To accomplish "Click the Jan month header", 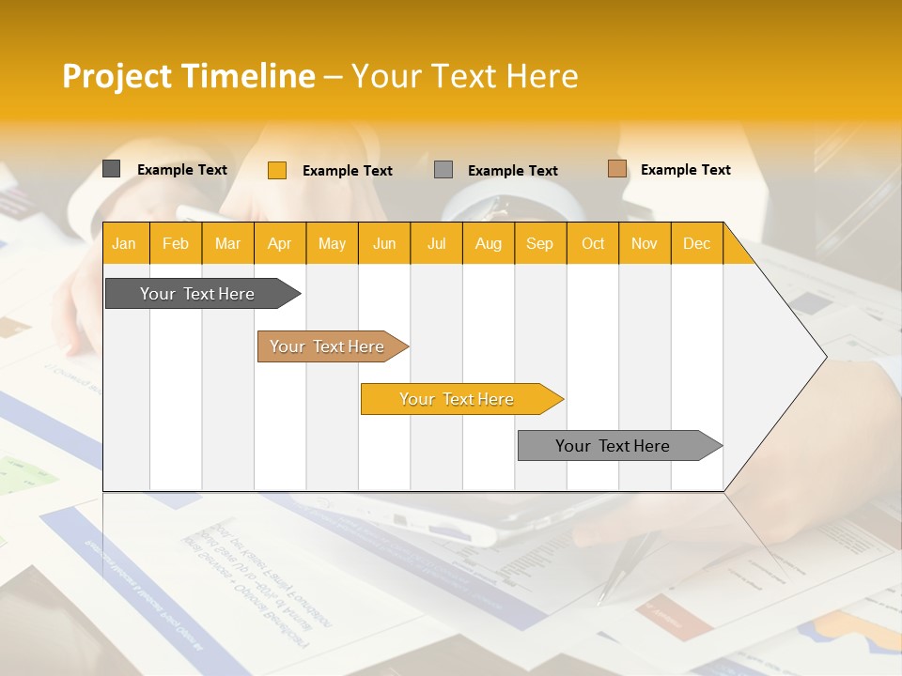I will tap(124, 243).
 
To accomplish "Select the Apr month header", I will tap(279, 243).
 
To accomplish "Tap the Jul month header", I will tap(436, 243).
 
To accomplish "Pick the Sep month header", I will tap(539, 243).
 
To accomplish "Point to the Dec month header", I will tap(696, 243).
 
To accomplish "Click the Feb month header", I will tap(176, 243).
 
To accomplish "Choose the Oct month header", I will tap(593, 243).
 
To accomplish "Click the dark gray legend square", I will tap(111, 169).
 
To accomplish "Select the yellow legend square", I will tap(276, 170).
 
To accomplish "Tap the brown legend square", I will tap(616, 169).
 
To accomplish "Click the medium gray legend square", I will tap(443, 170).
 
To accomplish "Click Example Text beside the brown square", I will tap(685, 170).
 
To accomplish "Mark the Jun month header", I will tap(384, 243).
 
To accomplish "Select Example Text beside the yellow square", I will tap(347, 171).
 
